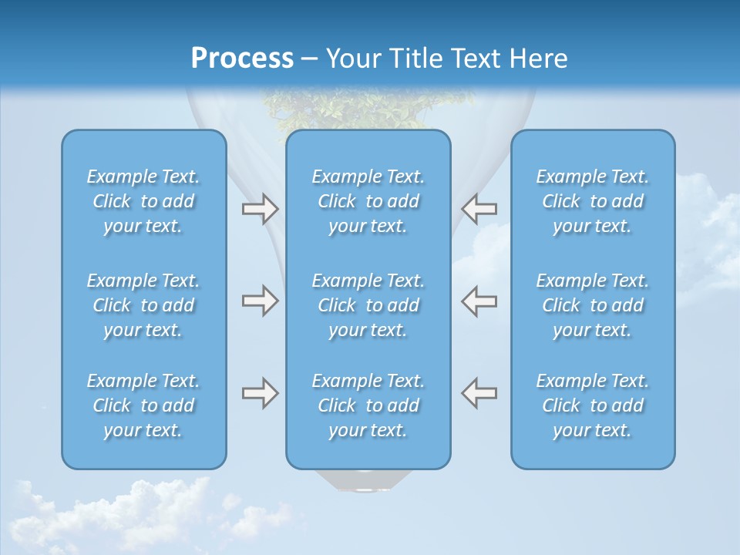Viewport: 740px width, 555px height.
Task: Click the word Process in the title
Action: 242,59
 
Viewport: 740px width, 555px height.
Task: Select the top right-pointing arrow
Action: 260,208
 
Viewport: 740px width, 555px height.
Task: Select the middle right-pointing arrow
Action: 260,301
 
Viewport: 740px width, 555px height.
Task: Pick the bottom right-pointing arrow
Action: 260,393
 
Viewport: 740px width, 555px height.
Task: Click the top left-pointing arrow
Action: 479,208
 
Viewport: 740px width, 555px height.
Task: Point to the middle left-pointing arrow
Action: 479,301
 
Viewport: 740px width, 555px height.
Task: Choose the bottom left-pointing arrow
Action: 479,393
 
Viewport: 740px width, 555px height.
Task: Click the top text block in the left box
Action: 143,201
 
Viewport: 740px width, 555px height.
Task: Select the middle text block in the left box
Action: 143,305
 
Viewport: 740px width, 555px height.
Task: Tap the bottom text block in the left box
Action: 143,405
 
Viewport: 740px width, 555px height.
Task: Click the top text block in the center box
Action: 368,201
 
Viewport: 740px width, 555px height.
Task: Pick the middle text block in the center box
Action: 368,305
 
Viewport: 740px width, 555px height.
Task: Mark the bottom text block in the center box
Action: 368,405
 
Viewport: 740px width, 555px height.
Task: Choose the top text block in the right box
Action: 592,201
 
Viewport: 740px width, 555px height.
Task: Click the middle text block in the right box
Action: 592,305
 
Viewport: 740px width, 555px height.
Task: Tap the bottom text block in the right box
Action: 592,405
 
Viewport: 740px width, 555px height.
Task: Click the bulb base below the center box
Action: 368,481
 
